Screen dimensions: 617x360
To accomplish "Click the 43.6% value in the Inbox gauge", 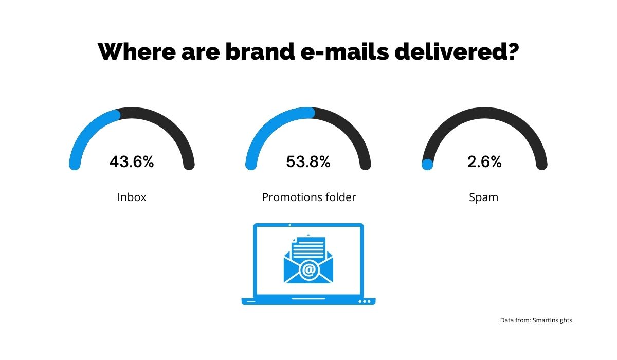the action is coord(132,161).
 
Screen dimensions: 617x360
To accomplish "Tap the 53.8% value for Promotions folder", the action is coord(308,161).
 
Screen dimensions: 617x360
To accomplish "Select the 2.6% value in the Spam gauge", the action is coord(484,161).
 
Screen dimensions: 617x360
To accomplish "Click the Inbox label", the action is coord(132,197).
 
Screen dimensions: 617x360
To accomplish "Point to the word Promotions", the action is coord(292,197).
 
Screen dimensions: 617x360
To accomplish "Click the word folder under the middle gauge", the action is coord(341,197).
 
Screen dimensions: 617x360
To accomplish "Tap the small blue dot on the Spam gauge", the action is coord(427,165).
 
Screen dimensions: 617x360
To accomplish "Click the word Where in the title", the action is coord(137,51).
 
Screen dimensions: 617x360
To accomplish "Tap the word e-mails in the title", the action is coord(344,51).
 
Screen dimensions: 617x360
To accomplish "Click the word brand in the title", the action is coord(260,51).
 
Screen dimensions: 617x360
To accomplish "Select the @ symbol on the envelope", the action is coord(308,270).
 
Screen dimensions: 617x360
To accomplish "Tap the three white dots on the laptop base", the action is coord(365,301).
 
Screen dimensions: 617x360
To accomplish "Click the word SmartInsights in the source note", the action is coord(552,320).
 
